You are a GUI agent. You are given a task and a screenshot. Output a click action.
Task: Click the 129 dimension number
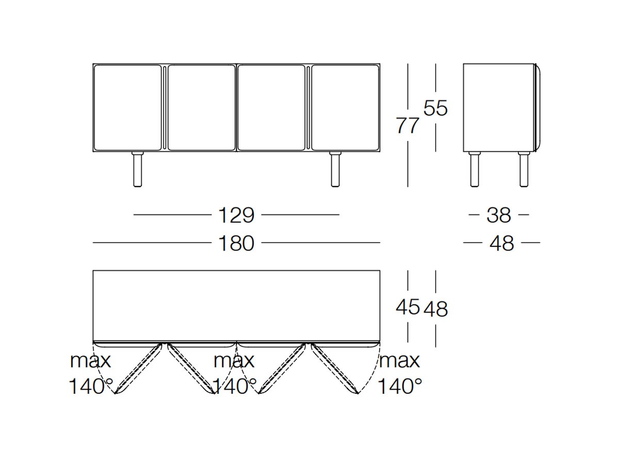[x=236, y=215]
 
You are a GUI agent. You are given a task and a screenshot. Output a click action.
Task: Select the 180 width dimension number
[x=236, y=243]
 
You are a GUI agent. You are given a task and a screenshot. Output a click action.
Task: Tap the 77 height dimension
[x=408, y=126]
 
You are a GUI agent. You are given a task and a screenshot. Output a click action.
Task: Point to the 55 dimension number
[x=435, y=108]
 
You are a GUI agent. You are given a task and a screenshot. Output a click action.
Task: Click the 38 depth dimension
[x=499, y=215]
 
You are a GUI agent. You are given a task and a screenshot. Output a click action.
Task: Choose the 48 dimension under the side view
[x=502, y=243]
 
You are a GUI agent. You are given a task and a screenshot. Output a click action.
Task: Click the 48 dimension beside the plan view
[x=436, y=308]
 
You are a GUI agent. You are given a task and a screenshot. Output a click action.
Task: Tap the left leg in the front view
[x=138, y=169]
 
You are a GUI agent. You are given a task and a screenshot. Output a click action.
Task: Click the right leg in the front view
[x=335, y=169]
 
